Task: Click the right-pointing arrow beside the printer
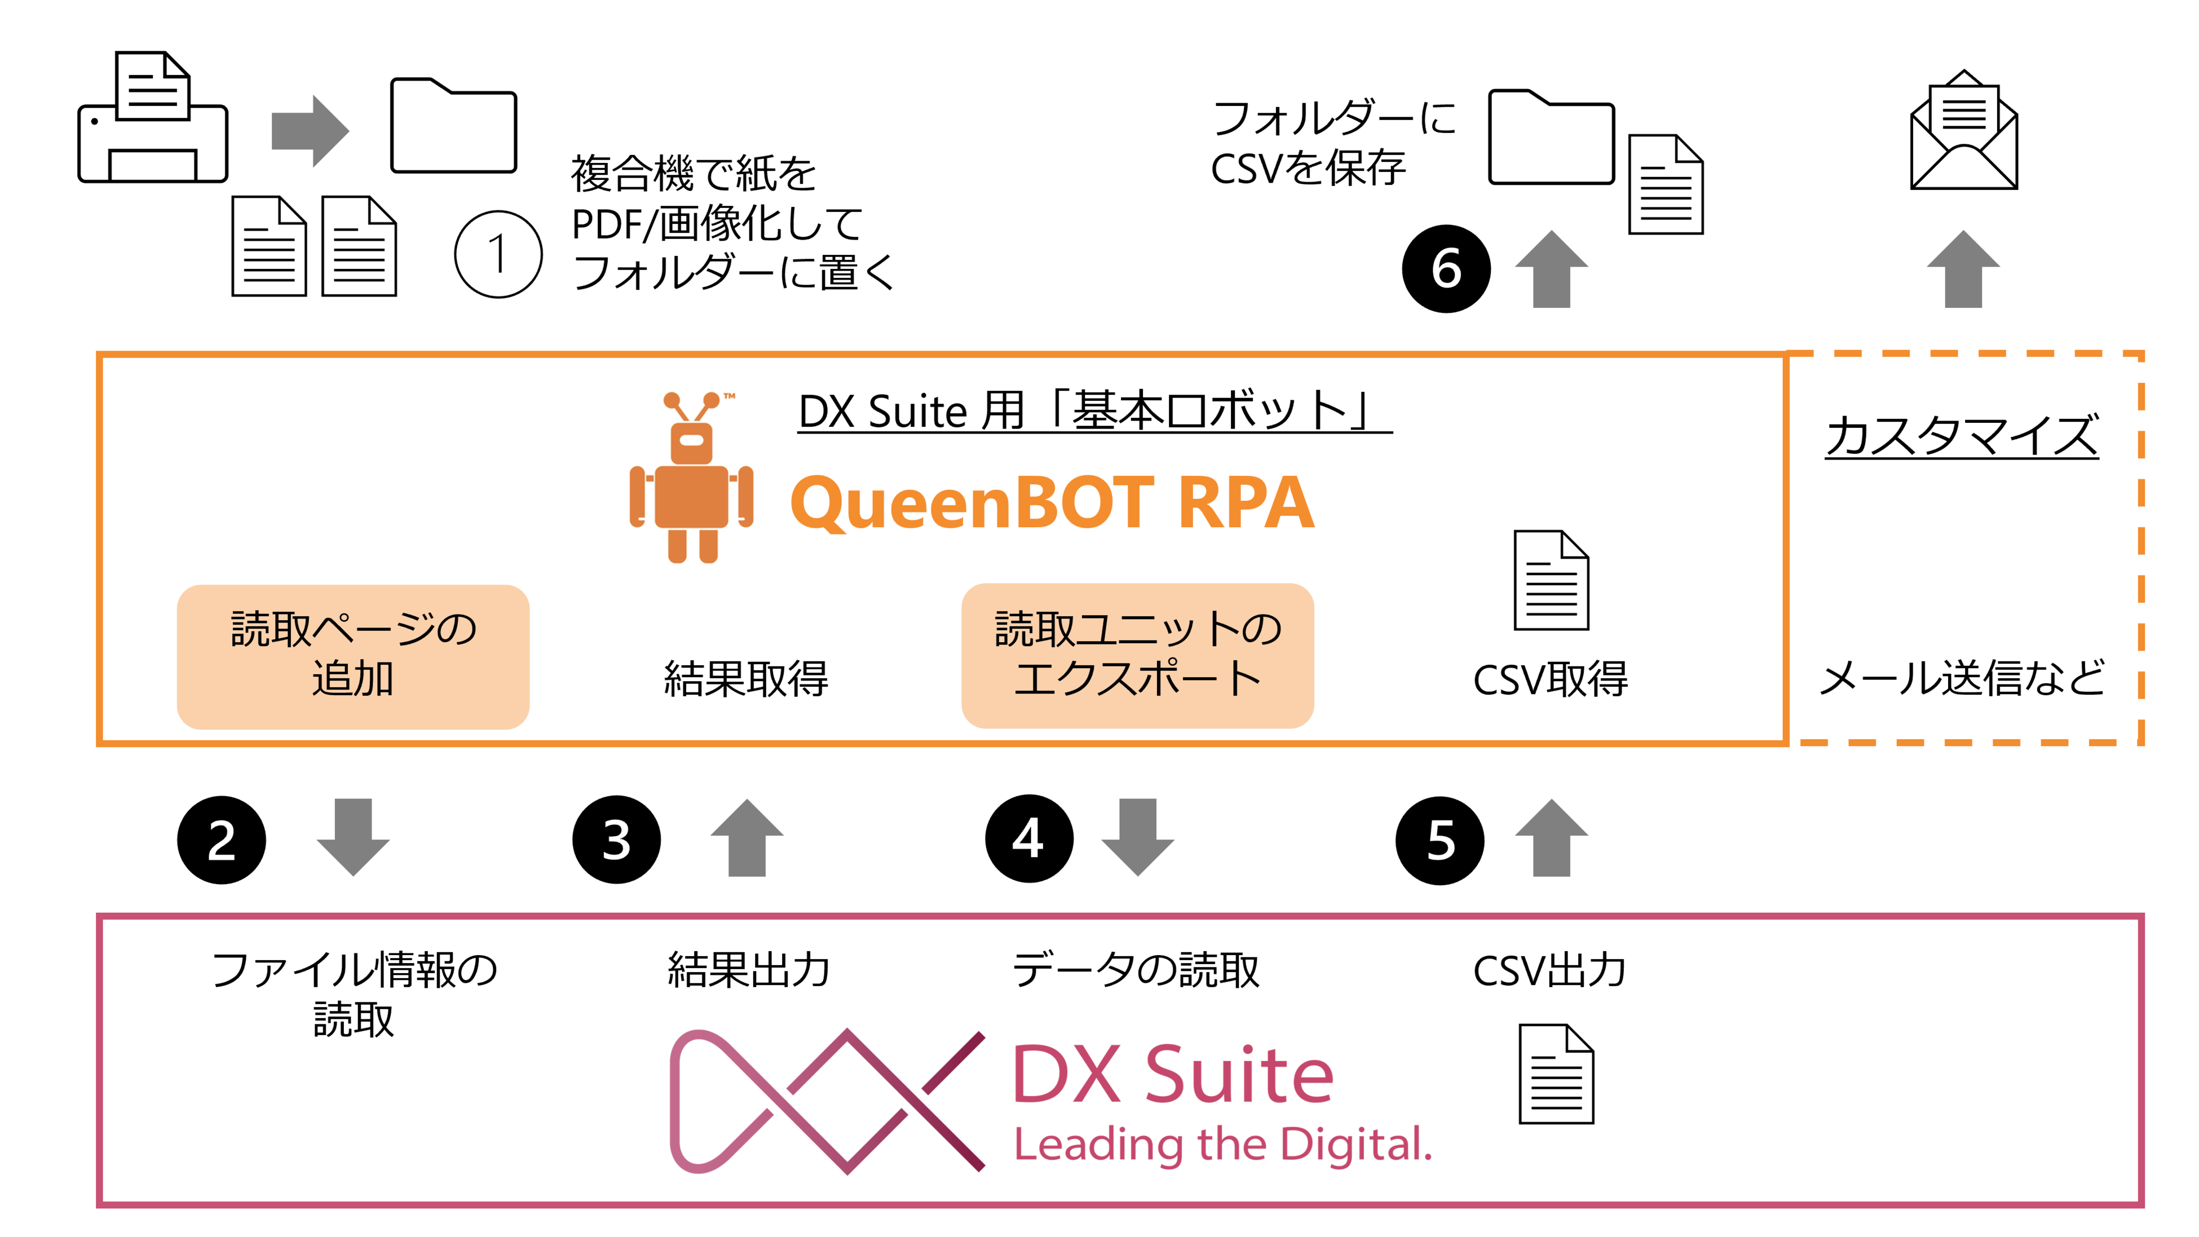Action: [309, 131]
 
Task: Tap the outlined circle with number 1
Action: [498, 254]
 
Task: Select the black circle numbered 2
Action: [222, 840]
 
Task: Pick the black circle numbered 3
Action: [616, 840]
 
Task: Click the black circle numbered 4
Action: [1028, 838]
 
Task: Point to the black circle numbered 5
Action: [1440, 840]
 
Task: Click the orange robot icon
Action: [691, 478]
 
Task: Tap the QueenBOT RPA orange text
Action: [1052, 503]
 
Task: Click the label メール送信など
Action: [1961, 679]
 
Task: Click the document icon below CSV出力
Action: [1555, 1074]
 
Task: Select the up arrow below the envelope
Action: [1963, 269]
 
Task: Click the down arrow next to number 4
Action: [1137, 837]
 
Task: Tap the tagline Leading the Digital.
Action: [1222, 1145]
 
